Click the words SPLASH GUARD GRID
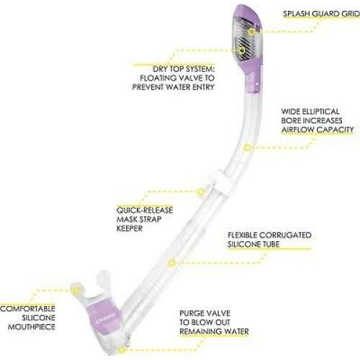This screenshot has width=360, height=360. click(x=321, y=14)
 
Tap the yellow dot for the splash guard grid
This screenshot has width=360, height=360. click(x=251, y=32)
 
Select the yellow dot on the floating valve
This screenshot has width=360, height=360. click(x=241, y=50)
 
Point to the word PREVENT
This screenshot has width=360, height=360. click(x=148, y=87)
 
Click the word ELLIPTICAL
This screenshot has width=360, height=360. click(x=320, y=112)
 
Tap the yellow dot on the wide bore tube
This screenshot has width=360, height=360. click(x=247, y=148)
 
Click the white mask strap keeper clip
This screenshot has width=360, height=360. click(x=219, y=183)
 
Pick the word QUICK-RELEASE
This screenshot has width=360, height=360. click(x=145, y=210)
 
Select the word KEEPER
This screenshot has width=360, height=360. click(x=130, y=228)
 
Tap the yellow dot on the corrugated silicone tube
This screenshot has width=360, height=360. click(x=171, y=263)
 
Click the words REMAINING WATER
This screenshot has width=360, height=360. click(x=214, y=332)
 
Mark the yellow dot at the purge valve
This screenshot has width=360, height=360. click(x=122, y=349)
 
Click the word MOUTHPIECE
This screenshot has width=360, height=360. click(x=32, y=327)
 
